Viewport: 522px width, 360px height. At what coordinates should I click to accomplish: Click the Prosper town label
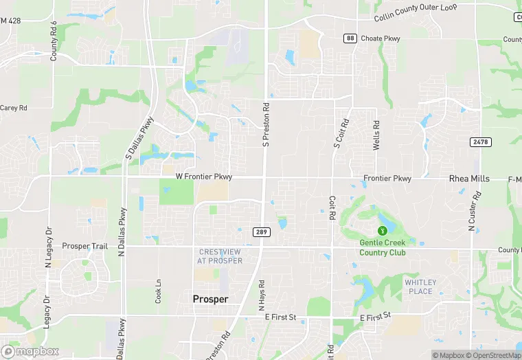[x=210, y=299]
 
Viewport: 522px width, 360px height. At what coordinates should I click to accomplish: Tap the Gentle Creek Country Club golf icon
[x=383, y=230]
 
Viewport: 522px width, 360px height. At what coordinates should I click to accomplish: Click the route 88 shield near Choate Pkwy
[x=350, y=38]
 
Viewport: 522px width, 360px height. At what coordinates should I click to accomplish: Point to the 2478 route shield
[x=481, y=142]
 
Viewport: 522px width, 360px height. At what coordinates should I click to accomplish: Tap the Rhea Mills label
[x=469, y=179]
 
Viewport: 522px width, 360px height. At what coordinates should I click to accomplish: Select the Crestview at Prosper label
[x=220, y=256]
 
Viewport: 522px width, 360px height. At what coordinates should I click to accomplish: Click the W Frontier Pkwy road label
[x=204, y=177]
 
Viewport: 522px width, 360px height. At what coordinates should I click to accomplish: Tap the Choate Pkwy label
[x=381, y=38]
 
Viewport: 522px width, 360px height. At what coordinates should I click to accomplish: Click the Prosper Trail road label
[x=85, y=246]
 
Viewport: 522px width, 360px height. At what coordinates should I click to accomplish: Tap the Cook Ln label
[x=158, y=291]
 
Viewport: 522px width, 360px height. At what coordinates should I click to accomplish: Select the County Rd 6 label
[x=54, y=41]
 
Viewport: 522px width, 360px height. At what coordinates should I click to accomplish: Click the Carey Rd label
[x=13, y=108]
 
